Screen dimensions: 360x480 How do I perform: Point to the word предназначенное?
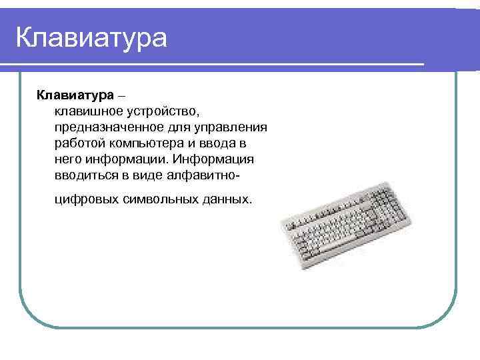click(x=103, y=126)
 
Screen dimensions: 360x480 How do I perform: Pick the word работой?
click(x=78, y=143)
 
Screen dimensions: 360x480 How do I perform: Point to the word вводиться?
click(x=84, y=177)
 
